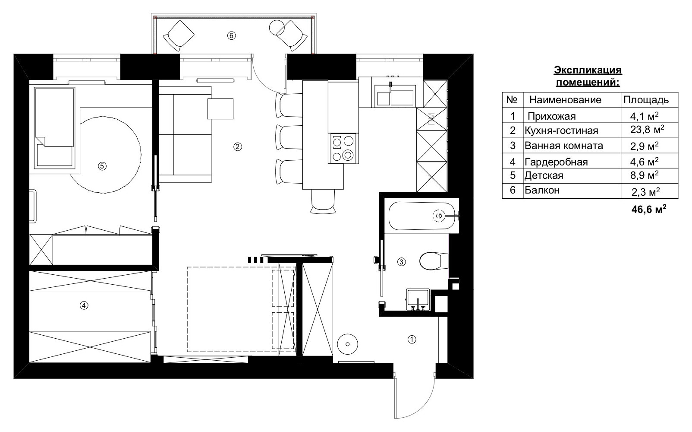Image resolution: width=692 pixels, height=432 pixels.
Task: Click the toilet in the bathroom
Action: pos(430,261)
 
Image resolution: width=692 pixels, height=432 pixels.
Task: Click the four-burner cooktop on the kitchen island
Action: pos(343,148)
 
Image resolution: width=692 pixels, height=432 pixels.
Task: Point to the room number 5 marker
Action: pos(102,165)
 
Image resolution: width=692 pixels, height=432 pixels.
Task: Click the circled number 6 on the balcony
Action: pos(231,36)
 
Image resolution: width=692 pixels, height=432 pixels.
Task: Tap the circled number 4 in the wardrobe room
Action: pos(84,305)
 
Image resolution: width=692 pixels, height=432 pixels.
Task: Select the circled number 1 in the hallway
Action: pos(412,340)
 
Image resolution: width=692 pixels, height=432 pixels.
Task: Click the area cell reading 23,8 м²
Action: pos(647,130)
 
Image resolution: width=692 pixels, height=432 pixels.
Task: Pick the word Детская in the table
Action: pos(544,176)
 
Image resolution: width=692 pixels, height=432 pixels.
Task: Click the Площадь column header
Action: pos(646,100)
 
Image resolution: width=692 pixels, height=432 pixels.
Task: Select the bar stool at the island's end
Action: pos(322,201)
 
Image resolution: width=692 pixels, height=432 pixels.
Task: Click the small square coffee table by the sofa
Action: pos(220,108)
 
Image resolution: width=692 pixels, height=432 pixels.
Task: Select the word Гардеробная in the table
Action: pos(556,162)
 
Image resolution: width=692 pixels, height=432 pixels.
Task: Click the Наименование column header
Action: pos(565,100)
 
